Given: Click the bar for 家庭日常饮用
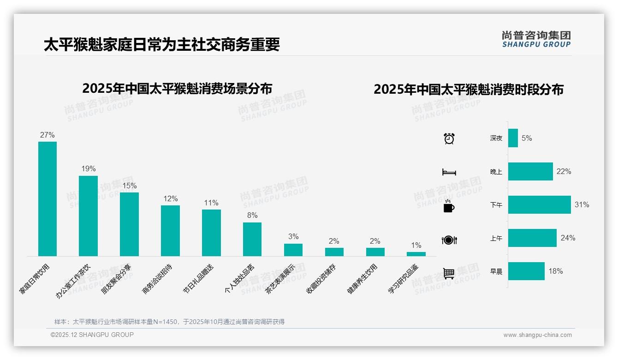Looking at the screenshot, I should pyautogui.click(x=48, y=198).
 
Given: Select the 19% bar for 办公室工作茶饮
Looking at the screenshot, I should pyautogui.click(x=88, y=216).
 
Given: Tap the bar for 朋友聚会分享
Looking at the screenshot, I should pyautogui.click(x=129, y=224).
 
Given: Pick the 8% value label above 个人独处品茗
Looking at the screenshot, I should pyautogui.click(x=252, y=216).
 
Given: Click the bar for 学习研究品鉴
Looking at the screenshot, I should pyautogui.click(x=416, y=254).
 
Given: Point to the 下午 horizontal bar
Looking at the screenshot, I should pyautogui.click(x=539, y=204).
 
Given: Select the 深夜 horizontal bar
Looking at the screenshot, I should pyautogui.click(x=513, y=138).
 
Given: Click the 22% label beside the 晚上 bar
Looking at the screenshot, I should pyautogui.click(x=564, y=171).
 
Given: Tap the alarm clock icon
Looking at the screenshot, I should pyautogui.click(x=449, y=138).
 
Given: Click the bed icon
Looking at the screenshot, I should pyautogui.click(x=449, y=172).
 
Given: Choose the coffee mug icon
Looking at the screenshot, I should pyautogui.click(x=449, y=206).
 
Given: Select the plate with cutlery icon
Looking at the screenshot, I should pyautogui.click(x=449, y=240).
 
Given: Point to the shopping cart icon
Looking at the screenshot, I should pyautogui.click(x=449, y=273).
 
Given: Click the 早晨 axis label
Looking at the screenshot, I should pyautogui.click(x=496, y=271).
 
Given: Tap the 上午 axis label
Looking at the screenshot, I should pyautogui.click(x=496, y=238).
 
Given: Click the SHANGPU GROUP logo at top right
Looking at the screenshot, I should pyautogui.click(x=536, y=39).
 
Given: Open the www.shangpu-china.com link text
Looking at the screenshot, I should pyautogui.click(x=537, y=335).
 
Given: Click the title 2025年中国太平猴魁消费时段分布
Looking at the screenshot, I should pyautogui.click(x=469, y=90).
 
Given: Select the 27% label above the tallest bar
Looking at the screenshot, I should pyautogui.click(x=48, y=135).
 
